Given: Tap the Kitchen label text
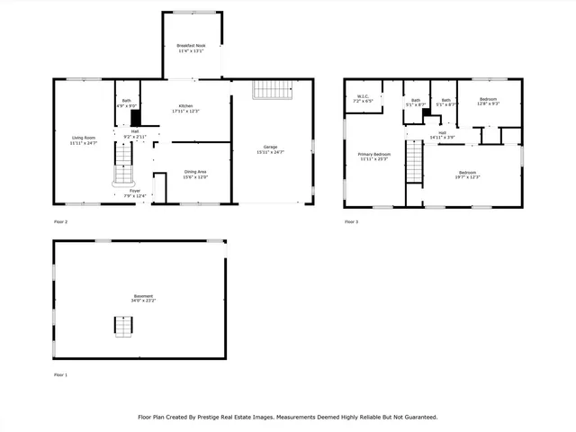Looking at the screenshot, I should pyautogui.click(x=184, y=106).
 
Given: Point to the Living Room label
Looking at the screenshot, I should pyautogui.click(x=83, y=138).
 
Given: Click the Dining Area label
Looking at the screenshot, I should pyautogui.click(x=195, y=172).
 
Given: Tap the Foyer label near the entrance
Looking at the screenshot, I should pyautogui.click(x=134, y=191).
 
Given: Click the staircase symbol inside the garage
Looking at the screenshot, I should pyautogui.click(x=273, y=90).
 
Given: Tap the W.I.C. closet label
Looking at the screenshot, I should pyautogui.click(x=364, y=96).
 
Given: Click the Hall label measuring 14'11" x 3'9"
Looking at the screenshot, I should pyautogui.click(x=442, y=133).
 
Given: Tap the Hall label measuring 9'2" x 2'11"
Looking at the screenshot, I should pyautogui.click(x=135, y=131).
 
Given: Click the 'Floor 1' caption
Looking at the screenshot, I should pyautogui.click(x=60, y=373).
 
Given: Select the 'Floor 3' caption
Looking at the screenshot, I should pyautogui.click(x=350, y=220).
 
